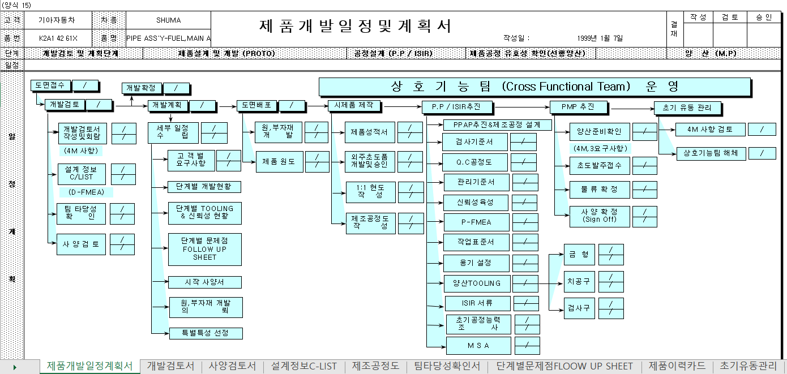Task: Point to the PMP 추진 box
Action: tap(578, 106)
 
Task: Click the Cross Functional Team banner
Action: tap(534, 87)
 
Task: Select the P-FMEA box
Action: tap(476, 222)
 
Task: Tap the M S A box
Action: tap(478, 345)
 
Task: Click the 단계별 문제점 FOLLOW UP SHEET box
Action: tap(204, 250)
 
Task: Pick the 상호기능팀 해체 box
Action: tap(709, 153)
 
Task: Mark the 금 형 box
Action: tap(578, 255)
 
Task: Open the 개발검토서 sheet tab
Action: tap(170, 366)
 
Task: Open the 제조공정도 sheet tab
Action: tap(375, 366)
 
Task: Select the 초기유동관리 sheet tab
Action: tap(748, 366)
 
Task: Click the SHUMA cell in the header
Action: tap(168, 20)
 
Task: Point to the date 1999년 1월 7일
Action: tap(600, 38)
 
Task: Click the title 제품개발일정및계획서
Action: tap(355, 26)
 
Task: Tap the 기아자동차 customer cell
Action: tap(57, 20)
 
